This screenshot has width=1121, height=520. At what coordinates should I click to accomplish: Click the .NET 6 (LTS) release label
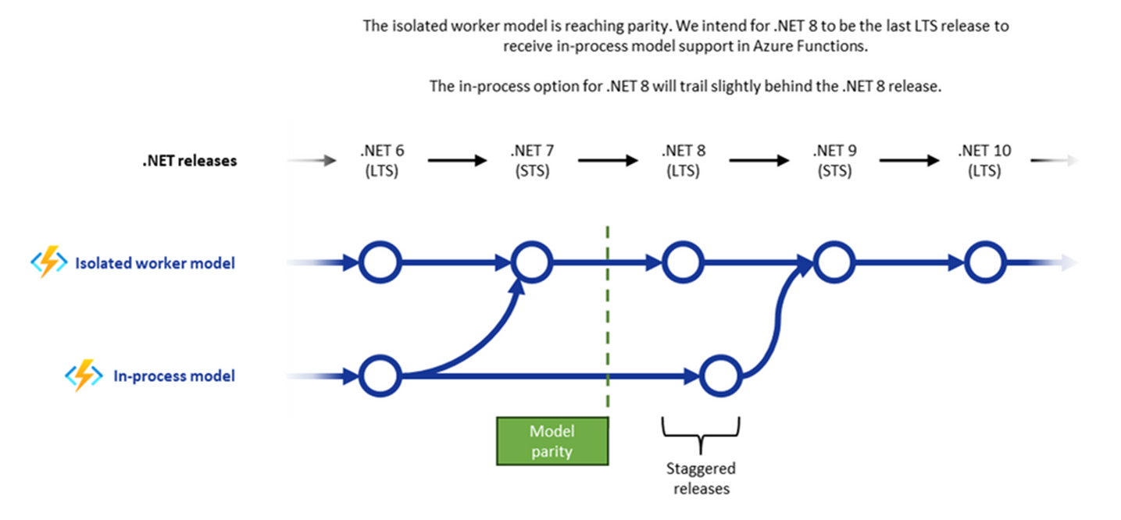point(381,161)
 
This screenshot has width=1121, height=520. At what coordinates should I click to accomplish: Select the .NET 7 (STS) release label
point(532,161)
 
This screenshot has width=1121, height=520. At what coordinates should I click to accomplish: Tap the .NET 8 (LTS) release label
point(683,161)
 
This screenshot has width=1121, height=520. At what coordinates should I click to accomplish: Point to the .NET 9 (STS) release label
point(834,161)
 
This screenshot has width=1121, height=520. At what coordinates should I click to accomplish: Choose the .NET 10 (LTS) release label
point(984,161)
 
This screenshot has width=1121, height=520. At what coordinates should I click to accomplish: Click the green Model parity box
point(552,441)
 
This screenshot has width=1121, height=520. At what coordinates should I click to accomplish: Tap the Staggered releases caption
point(700,479)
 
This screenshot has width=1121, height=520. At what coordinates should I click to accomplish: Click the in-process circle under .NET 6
point(381,376)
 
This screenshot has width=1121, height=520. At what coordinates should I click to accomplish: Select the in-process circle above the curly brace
point(720,376)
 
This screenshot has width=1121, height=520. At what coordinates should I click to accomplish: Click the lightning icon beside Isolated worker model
point(48,263)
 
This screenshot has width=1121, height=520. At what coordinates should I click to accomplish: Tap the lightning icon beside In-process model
point(84,376)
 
